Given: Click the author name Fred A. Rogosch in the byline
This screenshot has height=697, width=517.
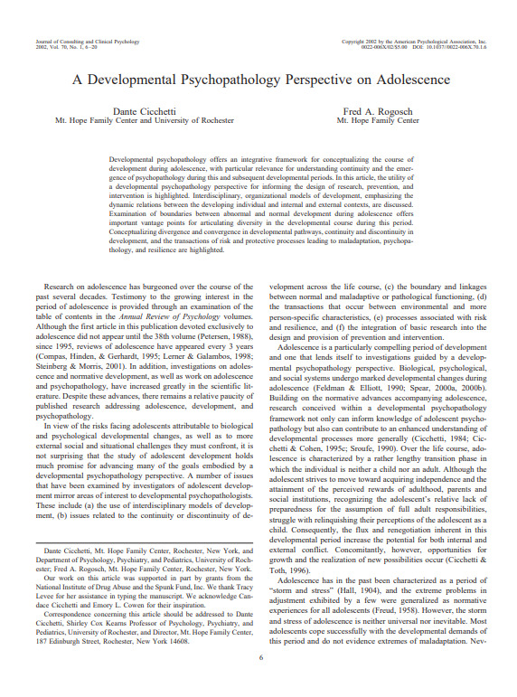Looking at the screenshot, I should tap(378, 109).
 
